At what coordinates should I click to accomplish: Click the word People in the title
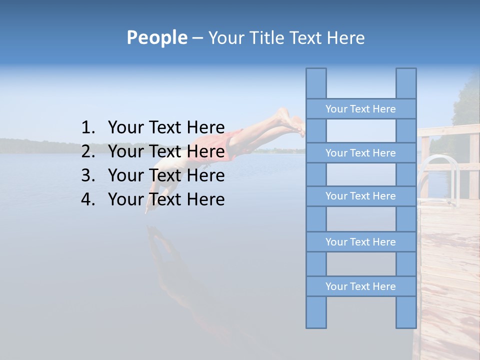point(156,37)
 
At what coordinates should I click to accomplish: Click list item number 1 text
point(166,127)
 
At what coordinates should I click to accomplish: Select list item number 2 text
point(166,151)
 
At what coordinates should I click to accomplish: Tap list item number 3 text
point(166,175)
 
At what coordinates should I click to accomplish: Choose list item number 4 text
point(166,199)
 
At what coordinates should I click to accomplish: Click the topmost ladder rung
point(360,109)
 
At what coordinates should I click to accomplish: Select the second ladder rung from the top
point(360,153)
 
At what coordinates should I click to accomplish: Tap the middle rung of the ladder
point(360,196)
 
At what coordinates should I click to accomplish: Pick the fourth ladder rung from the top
point(360,242)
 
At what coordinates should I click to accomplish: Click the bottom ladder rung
point(360,286)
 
